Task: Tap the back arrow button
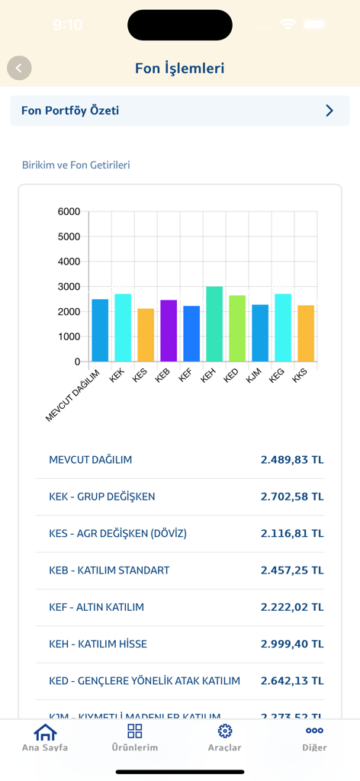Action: pos(19,68)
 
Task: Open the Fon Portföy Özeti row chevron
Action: pos(329,111)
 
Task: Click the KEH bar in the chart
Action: pos(214,324)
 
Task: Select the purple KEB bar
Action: pos(169,331)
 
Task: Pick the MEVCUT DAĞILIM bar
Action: pos(100,330)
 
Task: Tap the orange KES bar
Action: pos(146,335)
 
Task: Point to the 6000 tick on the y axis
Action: pos(69,211)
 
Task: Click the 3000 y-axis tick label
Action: pos(69,287)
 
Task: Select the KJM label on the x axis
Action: pos(255,375)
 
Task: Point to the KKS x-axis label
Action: pos(300,375)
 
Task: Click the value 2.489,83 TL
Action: pos(292,460)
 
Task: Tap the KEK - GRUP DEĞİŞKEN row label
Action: pos(101,497)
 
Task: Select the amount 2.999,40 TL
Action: pos(292,644)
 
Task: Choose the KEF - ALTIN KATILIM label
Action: pos(96,607)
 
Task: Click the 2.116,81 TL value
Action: pos(292,533)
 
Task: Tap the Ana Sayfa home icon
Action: pos(45,731)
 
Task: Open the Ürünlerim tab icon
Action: pos(135,731)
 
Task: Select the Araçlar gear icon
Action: pos(225,731)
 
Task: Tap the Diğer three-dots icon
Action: pos(314,731)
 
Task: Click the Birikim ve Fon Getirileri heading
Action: pos(76,165)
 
